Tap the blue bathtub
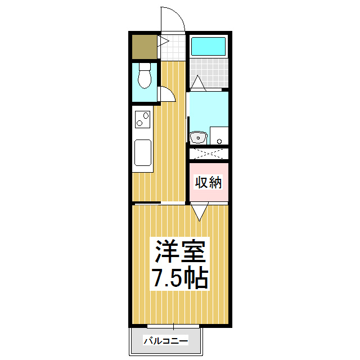point(208,46)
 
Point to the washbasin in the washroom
point(197,137)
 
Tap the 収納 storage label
point(209,182)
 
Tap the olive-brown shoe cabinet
point(145,47)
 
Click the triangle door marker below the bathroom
point(197,83)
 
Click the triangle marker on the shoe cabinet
point(165,41)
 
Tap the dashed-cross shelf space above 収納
point(209,153)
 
